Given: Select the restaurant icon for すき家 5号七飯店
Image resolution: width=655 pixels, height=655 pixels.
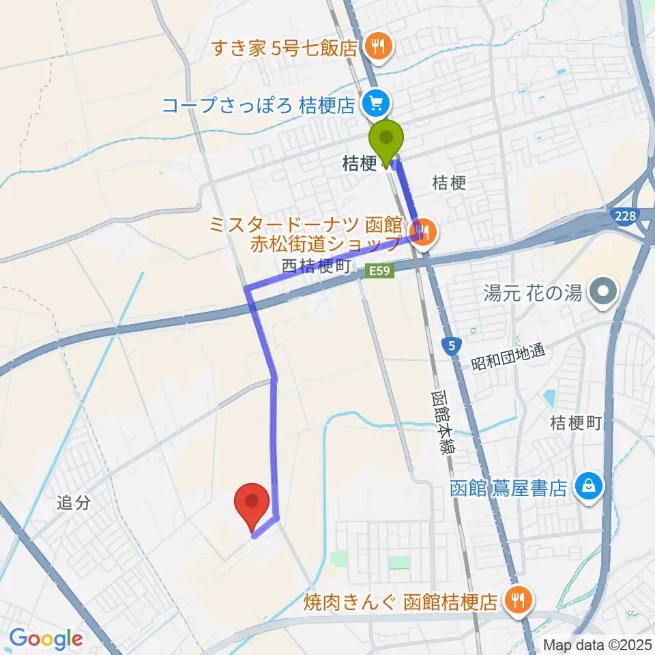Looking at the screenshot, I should click(x=376, y=46).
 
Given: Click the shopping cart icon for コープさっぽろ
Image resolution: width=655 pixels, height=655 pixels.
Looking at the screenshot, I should click(x=375, y=104).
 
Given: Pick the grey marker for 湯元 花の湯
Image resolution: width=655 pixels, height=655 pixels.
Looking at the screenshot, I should click(x=603, y=293).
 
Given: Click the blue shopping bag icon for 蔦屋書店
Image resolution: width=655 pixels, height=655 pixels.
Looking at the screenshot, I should click(x=585, y=488).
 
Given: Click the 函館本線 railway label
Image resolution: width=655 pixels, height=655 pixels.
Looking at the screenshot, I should click(x=443, y=423).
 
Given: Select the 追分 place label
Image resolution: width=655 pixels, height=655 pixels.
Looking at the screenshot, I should click(x=74, y=504).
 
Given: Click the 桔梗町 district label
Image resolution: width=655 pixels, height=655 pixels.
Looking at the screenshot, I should click(x=576, y=424).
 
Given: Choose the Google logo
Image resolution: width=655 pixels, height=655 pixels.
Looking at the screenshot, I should click(x=46, y=639).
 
